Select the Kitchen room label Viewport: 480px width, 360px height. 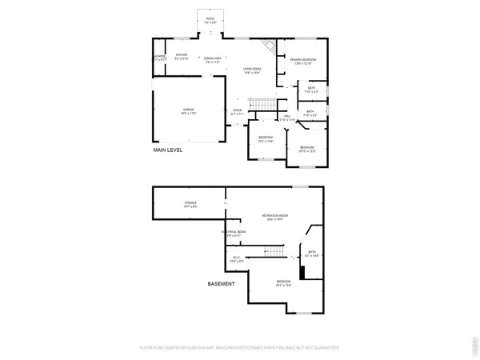click(x=182, y=57)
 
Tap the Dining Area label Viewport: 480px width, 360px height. click(x=212, y=59)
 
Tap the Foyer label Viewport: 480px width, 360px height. click(x=238, y=111)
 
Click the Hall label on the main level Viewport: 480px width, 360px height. click(x=286, y=118)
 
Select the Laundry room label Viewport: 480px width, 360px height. click(x=159, y=57)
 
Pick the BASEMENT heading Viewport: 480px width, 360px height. click(x=222, y=284)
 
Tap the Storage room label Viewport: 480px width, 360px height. click(x=190, y=205)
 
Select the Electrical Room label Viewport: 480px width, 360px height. click(x=234, y=234)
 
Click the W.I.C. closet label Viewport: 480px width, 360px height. click(x=237, y=258)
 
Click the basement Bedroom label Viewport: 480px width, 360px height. click(x=283, y=282)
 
